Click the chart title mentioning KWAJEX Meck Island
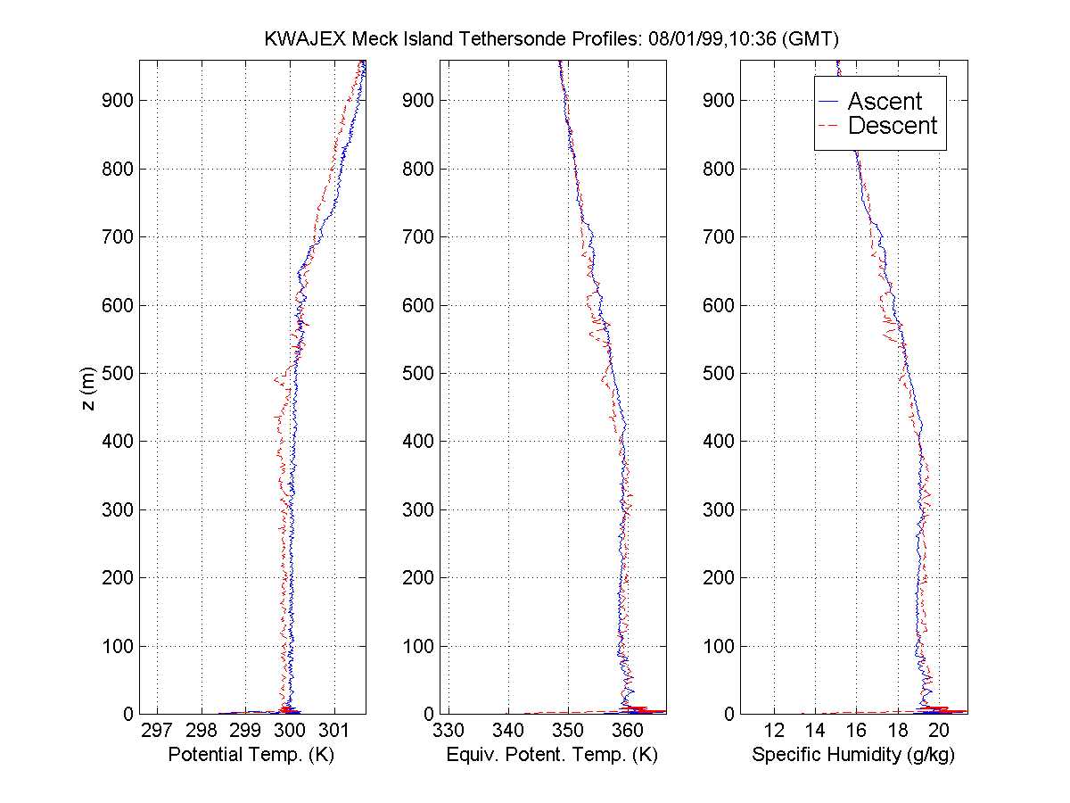(x=552, y=39)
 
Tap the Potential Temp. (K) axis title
(x=250, y=756)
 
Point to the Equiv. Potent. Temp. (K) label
(x=551, y=756)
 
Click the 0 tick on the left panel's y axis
(x=126, y=714)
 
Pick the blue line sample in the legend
(x=829, y=102)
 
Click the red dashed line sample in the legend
(x=829, y=126)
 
